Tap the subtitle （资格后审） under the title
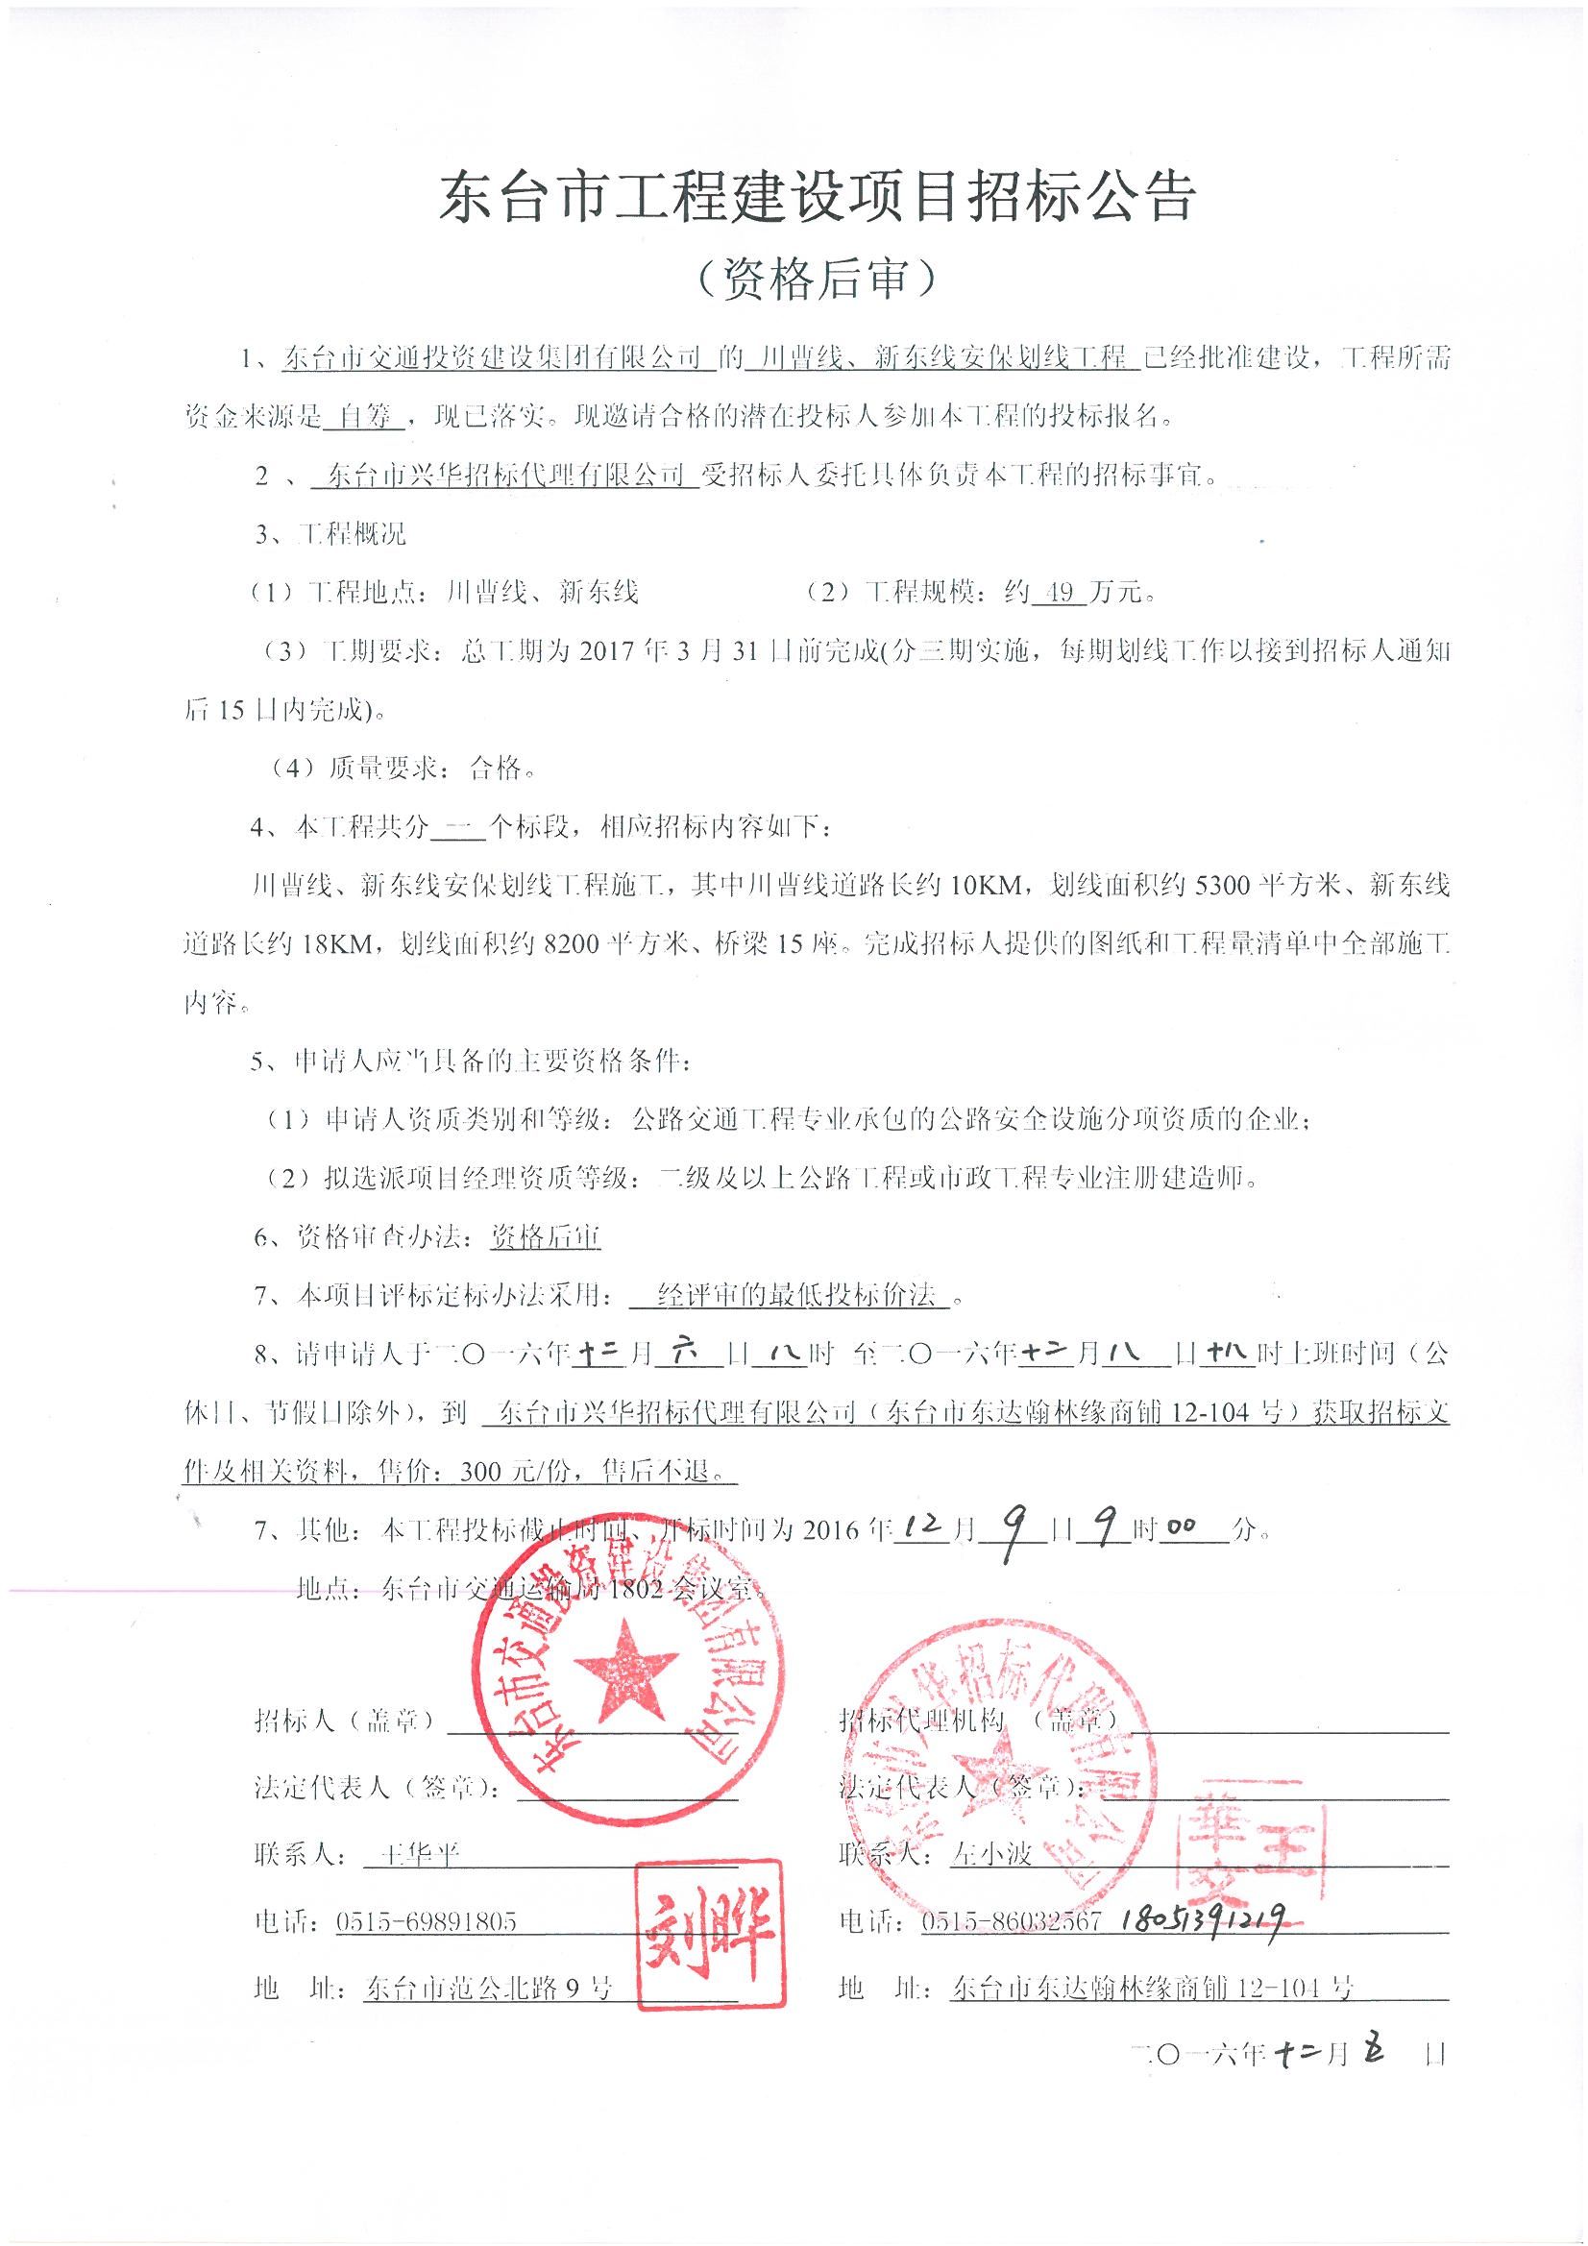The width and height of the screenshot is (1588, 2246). point(818,281)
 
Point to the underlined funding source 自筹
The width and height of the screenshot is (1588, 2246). point(363,415)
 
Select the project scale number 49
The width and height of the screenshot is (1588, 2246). point(1058,592)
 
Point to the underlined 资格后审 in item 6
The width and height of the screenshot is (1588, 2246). point(545,1237)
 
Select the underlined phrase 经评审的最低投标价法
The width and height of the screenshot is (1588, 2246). point(797,1296)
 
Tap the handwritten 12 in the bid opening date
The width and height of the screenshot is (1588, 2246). point(923,1528)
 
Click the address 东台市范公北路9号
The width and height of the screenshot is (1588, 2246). point(487,1989)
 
